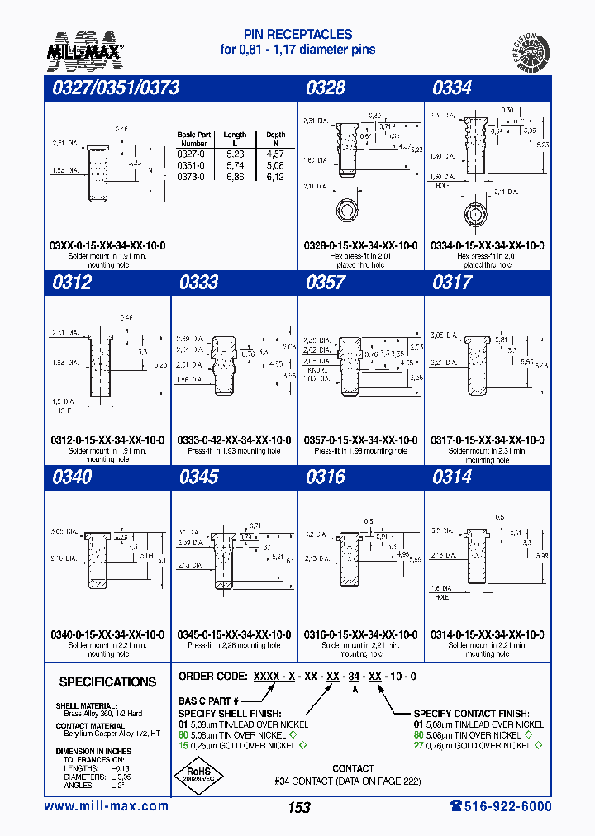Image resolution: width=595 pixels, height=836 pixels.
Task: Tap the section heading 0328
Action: (326, 88)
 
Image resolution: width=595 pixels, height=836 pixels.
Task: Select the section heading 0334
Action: (452, 88)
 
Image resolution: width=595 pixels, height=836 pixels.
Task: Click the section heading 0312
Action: (71, 283)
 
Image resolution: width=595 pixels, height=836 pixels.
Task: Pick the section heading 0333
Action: (198, 283)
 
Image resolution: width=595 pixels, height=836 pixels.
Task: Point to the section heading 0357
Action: (326, 283)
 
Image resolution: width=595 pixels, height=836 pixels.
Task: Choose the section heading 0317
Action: (452, 283)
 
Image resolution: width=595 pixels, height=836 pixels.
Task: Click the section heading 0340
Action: (71, 477)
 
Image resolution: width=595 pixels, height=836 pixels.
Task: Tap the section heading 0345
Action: (198, 477)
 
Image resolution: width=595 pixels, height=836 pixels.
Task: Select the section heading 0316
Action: (326, 477)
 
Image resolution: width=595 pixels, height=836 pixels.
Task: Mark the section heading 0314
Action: (452, 477)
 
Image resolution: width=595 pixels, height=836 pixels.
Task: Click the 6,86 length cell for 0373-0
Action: (235, 177)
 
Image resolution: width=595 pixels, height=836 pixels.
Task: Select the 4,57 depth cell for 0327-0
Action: (275, 154)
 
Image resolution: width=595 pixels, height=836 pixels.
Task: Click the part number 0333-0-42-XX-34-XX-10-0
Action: (234, 440)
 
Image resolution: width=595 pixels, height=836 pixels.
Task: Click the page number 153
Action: (299, 808)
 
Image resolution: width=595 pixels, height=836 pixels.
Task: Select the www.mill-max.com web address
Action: (106, 806)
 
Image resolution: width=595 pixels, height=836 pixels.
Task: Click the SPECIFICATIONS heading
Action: (107, 682)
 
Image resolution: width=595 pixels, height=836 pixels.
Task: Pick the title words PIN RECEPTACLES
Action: (297, 35)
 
